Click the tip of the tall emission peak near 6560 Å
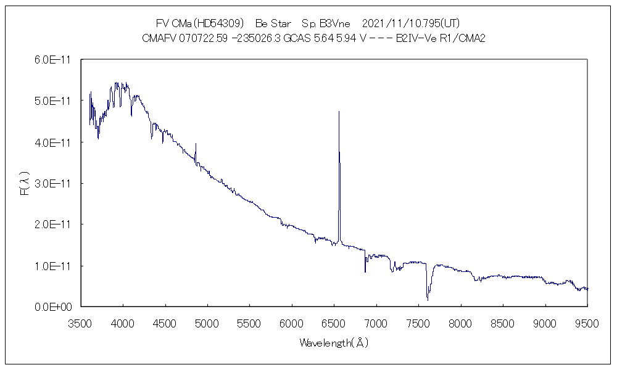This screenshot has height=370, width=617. point(339,112)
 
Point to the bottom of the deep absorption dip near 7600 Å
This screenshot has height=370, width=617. point(428,300)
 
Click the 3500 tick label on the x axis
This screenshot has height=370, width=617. point(81,322)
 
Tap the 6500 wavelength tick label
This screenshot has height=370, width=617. point(334,322)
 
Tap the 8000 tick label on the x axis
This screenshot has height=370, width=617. point(461,322)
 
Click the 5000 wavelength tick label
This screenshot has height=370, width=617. point(207,322)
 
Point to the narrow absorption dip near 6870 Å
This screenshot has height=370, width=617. point(365,271)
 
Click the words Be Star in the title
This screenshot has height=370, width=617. point(273,23)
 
